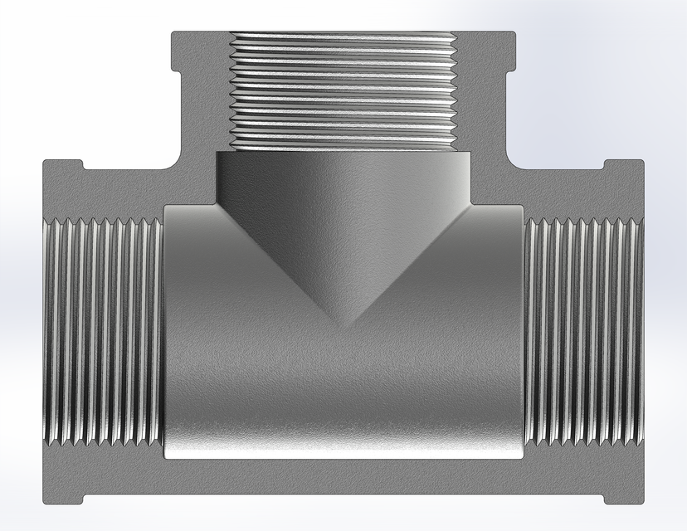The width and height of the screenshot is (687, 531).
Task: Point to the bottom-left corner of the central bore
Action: (168, 455)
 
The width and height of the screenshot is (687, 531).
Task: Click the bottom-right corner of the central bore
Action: (520, 455)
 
